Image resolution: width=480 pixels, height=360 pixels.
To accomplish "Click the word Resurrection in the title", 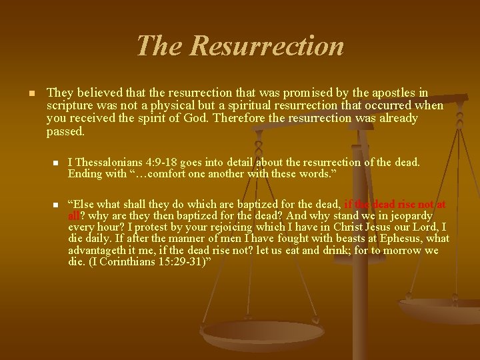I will [267, 46].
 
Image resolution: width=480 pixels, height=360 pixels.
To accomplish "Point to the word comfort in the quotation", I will [151, 174].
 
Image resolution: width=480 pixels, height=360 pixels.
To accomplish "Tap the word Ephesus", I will [400, 239].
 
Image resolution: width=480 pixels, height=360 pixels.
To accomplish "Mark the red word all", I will [74, 216].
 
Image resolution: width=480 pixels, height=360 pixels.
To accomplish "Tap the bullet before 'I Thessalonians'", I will [56, 163].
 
